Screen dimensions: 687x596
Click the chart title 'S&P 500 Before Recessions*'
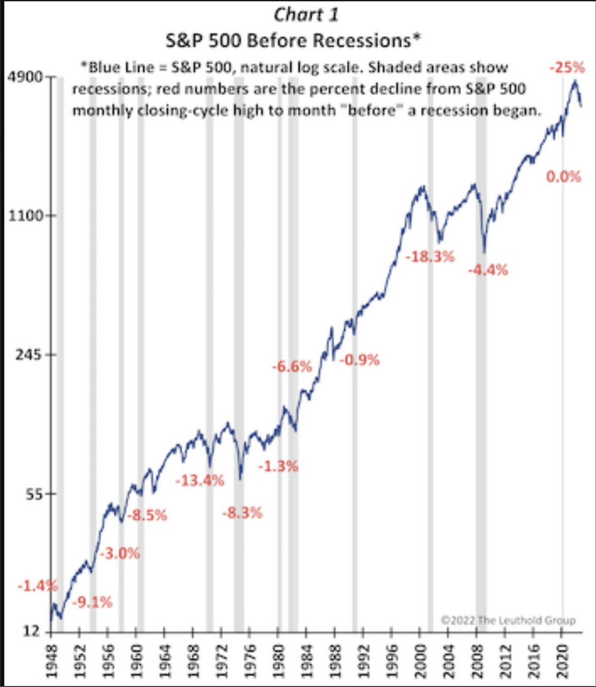point(293,40)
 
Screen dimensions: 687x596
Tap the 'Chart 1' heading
point(306,15)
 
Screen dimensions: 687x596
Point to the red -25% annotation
point(567,67)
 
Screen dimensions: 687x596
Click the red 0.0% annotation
point(563,177)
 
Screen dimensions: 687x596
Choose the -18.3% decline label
point(430,256)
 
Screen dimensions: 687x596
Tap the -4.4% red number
point(488,270)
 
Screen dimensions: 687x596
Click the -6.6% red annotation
point(291,366)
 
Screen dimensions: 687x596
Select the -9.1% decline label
point(92,603)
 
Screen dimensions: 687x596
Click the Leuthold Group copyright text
point(508,620)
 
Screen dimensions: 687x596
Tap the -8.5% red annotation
point(146,516)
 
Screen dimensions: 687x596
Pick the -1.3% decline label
point(278,466)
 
